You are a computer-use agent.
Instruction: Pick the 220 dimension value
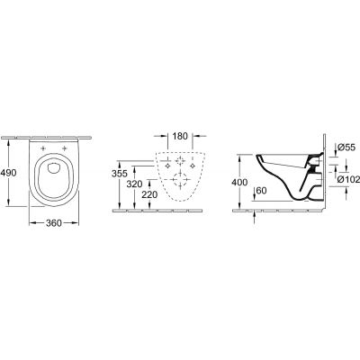point(148,195)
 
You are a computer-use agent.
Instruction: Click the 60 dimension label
point(261,190)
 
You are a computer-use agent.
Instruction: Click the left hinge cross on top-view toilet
point(43,148)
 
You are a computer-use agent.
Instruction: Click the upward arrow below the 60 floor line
point(255,213)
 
